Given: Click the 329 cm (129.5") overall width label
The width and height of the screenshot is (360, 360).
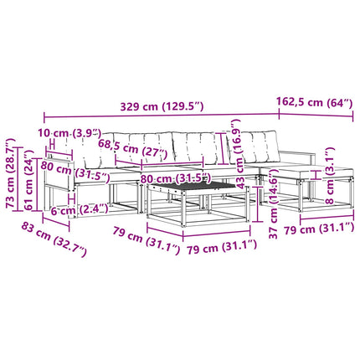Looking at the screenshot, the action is (162, 106).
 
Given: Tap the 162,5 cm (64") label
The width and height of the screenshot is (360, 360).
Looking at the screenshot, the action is (314, 102).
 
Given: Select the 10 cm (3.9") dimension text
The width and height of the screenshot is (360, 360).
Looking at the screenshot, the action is (69, 133).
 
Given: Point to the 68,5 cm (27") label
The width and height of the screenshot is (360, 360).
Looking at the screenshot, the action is (132, 148).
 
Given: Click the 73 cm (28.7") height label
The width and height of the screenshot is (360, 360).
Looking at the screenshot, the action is (11, 173).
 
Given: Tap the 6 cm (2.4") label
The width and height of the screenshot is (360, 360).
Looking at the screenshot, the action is (80, 209).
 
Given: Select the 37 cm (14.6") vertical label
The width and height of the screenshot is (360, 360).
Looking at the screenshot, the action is (274, 206).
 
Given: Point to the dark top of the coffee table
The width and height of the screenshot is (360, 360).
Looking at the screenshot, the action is (193, 186).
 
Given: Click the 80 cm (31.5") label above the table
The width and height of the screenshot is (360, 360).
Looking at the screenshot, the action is (175, 178).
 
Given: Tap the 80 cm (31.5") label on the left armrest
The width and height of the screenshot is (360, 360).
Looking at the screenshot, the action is (75, 171).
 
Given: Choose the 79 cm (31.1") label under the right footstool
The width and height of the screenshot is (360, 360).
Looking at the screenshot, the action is (319, 229).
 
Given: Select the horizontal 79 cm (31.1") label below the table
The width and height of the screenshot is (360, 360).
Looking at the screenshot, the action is (221, 246).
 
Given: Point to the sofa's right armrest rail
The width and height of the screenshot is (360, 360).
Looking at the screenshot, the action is (297, 153).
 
